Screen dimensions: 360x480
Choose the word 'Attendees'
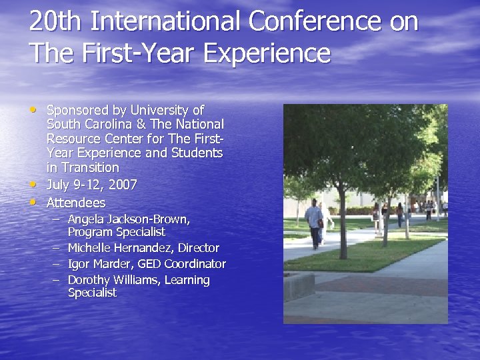(x=76, y=203)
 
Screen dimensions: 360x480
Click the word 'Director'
(x=199, y=248)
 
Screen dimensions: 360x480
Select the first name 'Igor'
(x=79, y=264)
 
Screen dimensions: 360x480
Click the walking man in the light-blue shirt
(x=314, y=224)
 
